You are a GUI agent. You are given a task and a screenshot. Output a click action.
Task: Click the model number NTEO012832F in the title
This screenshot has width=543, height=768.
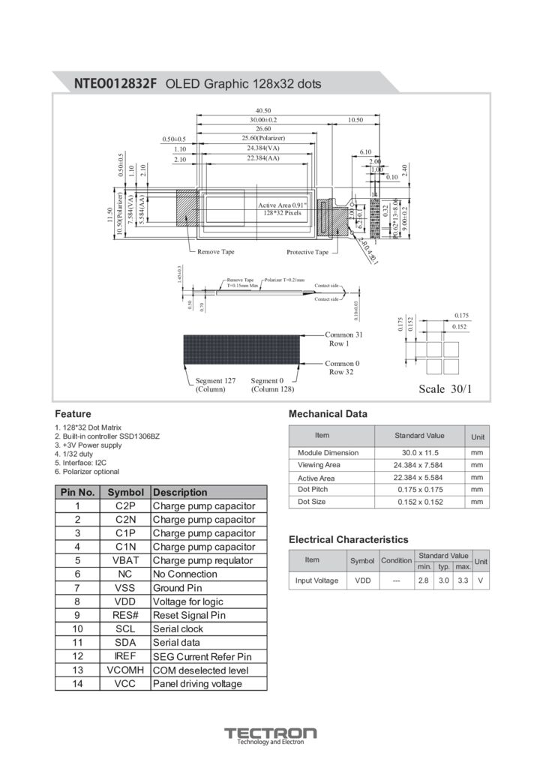(x=115, y=84)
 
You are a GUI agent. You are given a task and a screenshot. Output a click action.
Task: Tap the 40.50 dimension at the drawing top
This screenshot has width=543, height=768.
(x=263, y=111)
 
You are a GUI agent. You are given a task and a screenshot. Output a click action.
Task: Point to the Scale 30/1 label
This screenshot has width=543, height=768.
(x=445, y=388)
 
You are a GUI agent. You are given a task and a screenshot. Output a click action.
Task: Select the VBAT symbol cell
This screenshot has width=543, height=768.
(x=125, y=560)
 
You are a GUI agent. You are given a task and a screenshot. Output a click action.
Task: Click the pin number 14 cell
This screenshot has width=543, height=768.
(x=77, y=684)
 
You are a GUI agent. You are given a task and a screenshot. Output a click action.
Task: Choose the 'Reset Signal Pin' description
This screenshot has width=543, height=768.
(x=188, y=615)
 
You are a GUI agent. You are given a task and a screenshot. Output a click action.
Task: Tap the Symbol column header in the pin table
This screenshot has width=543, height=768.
(x=125, y=493)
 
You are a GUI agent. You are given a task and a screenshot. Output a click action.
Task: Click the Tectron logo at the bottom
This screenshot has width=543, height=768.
(x=271, y=735)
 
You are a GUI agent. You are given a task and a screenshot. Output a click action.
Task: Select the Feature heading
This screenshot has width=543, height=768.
(x=73, y=414)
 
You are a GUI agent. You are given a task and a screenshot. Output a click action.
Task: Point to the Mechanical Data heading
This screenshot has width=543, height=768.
(x=328, y=414)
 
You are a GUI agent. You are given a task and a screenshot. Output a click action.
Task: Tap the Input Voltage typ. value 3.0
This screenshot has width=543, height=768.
(x=443, y=580)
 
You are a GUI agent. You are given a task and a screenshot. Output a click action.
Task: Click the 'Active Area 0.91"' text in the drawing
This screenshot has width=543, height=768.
(x=282, y=205)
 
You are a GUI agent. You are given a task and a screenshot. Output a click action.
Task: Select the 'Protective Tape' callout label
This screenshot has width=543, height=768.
(x=307, y=252)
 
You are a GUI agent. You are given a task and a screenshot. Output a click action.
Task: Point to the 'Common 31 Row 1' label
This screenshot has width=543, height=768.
(x=343, y=339)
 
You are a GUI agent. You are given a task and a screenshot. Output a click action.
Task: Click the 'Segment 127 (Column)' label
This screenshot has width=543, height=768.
(x=215, y=385)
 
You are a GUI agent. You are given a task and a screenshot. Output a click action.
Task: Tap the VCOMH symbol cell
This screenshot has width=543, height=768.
(x=125, y=670)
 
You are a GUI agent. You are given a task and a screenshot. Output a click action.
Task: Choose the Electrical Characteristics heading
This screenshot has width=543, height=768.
(x=348, y=540)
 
